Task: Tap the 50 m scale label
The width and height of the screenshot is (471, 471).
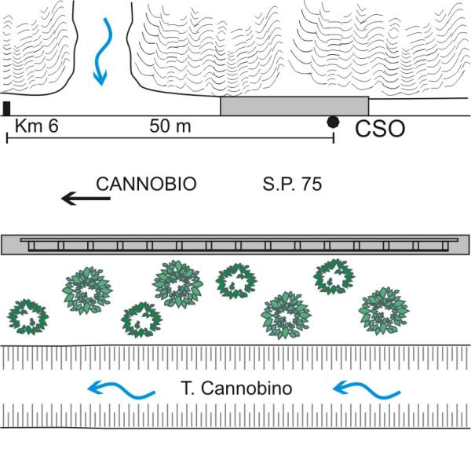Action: click(171, 126)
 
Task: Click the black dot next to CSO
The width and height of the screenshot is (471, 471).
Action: click(334, 121)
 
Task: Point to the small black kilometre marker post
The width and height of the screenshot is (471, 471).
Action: click(7, 108)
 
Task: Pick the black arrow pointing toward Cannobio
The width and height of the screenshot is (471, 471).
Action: click(86, 199)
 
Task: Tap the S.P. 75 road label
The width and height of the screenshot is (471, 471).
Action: click(291, 186)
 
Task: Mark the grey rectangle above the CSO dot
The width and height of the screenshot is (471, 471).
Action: click(294, 106)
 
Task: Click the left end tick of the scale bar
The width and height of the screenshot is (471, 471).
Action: click(7, 138)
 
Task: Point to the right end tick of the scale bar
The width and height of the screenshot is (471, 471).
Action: click(334, 138)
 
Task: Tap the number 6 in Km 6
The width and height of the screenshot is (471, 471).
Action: click(53, 126)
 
